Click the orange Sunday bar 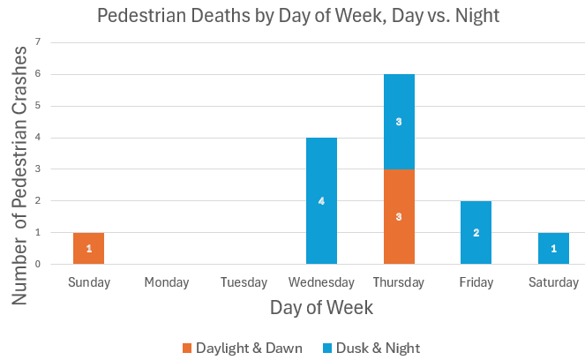(x=89, y=248)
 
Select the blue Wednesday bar (x=322, y=200)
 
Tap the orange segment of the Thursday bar (x=399, y=216)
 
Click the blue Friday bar (x=476, y=232)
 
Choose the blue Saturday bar (x=554, y=248)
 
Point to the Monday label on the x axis (x=167, y=282)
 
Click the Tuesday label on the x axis (x=244, y=282)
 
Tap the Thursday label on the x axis (x=399, y=282)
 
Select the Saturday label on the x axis (x=554, y=282)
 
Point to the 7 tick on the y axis (x=38, y=42)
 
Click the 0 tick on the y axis (x=38, y=264)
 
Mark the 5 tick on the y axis (x=38, y=106)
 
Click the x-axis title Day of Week (x=321, y=308)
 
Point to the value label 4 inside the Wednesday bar (x=322, y=201)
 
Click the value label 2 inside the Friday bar (x=476, y=232)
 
